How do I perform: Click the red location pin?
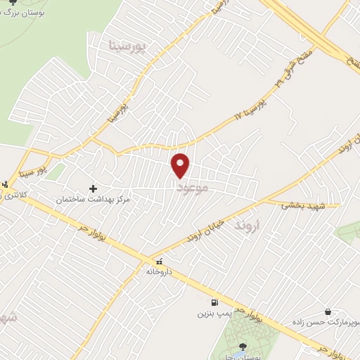click(x=181, y=165)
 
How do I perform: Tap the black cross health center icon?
click(x=92, y=188)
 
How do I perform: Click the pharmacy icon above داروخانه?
click(x=159, y=261)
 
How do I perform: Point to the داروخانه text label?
click(x=160, y=271)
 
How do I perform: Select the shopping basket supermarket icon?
click(x=328, y=311)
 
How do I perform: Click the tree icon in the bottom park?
click(x=243, y=346)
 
